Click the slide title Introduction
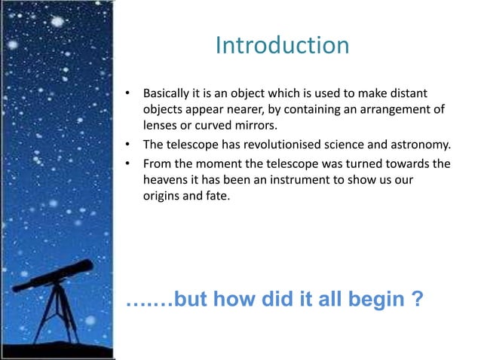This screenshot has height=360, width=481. [282, 46]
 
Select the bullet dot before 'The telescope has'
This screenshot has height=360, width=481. [129, 145]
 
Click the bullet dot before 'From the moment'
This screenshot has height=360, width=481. [129, 164]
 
